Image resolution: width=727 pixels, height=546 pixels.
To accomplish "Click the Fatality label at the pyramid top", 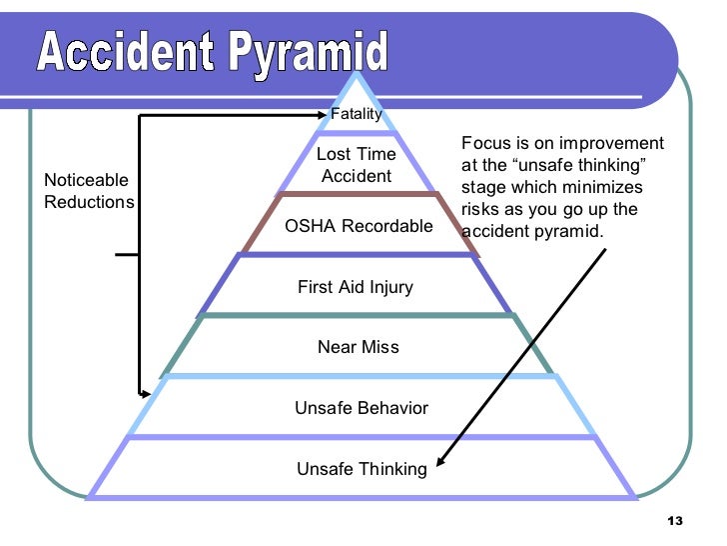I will click(x=357, y=114).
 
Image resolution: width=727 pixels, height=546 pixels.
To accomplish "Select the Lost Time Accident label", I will click(x=357, y=165).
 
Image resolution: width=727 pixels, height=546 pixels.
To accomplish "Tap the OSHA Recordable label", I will click(x=359, y=226).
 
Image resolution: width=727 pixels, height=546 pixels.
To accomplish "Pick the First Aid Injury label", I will click(x=355, y=287).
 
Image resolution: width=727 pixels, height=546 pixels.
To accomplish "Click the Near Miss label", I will click(x=358, y=347).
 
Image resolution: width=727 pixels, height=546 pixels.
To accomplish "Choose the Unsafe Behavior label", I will click(x=361, y=408).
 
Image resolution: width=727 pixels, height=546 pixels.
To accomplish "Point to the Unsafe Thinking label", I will click(x=361, y=469).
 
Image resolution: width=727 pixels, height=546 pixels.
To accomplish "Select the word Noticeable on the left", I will click(x=86, y=180).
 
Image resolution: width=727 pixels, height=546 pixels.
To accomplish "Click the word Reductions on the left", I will click(x=89, y=201).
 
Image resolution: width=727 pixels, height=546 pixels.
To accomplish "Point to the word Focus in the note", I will click(x=485, y=144).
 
